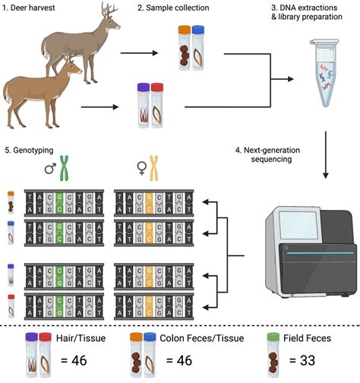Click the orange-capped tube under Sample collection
coord(185,46)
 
